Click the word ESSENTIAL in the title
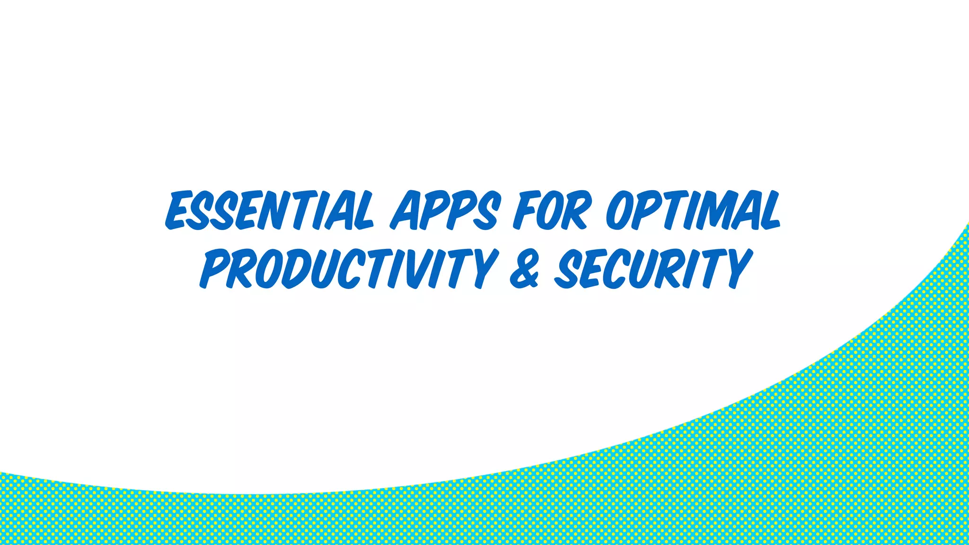coord(269,211)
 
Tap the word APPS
coord(445,211)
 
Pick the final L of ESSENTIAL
coord(362,211)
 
